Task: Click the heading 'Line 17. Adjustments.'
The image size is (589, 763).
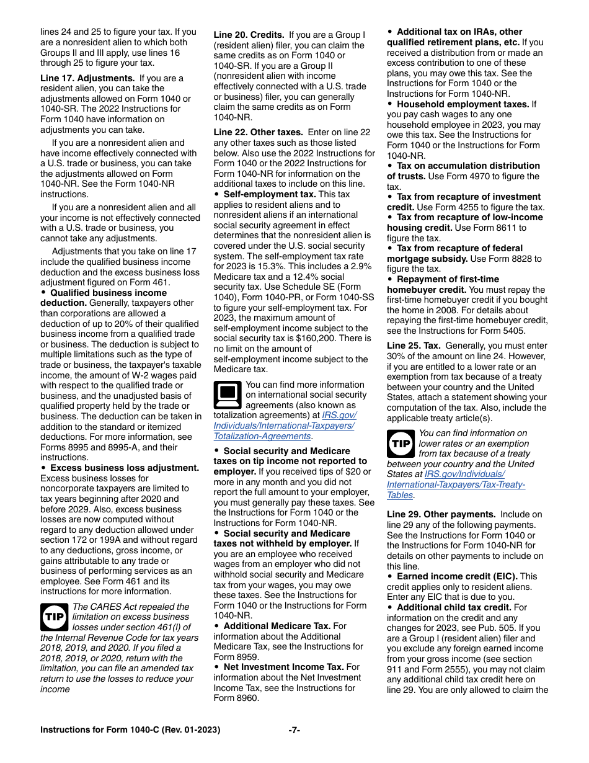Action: click(87, 78)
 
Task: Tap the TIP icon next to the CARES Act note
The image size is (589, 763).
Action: click(55, 617)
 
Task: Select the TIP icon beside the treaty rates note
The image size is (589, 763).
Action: click(401, 444)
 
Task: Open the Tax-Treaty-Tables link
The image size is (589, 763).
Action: click(456, 484)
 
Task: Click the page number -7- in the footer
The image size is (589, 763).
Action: click(294, 730)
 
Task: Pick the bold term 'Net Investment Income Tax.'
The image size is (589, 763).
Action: click(283, 667)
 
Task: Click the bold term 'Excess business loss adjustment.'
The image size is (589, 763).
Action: click(125, 468)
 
